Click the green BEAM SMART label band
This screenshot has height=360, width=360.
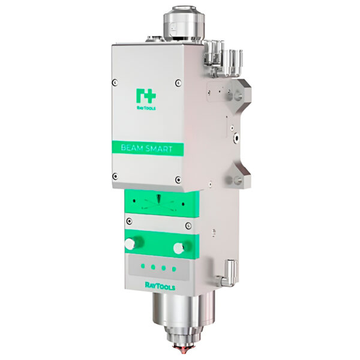point(148,148)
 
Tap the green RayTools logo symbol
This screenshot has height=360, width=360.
point(146,96)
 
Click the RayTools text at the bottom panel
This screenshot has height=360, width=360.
point(160,286)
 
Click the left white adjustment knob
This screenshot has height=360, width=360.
point(130,244)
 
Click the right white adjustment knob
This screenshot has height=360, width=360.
point(179,248)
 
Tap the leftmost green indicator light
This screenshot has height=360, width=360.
point(143,266)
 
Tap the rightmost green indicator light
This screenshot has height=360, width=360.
point(174,269)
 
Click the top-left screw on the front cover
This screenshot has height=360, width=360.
point(115,82)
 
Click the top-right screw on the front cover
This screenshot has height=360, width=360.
point(178,83)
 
